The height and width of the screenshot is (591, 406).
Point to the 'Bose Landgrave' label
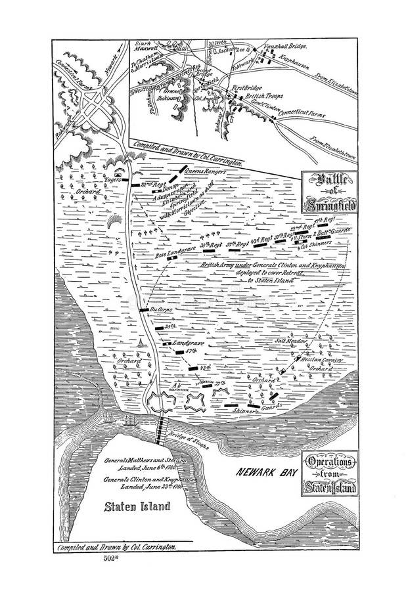(x=171, y=253)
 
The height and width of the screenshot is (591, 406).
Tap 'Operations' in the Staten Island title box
(x=330, y=462)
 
